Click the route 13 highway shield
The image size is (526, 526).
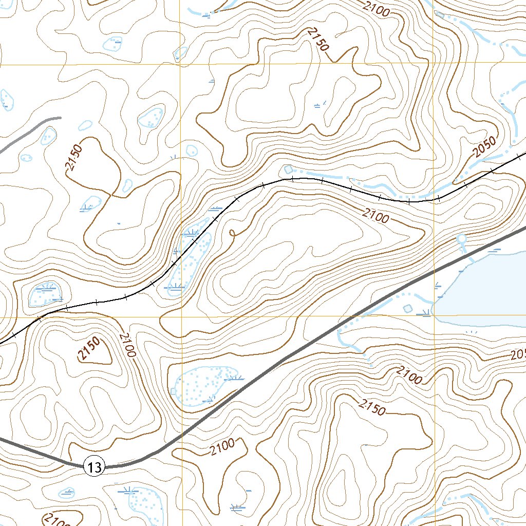[x=94, y=467]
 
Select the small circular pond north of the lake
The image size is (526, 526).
[x=461, y=239]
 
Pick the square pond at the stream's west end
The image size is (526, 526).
[x=288, y=170]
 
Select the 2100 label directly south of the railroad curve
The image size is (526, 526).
[x=374, y=215]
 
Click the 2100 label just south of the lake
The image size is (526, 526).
[x=409, y=375]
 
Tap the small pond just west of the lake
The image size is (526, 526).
[x=408, y=308]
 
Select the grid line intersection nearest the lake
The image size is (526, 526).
[x=435, y=316]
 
